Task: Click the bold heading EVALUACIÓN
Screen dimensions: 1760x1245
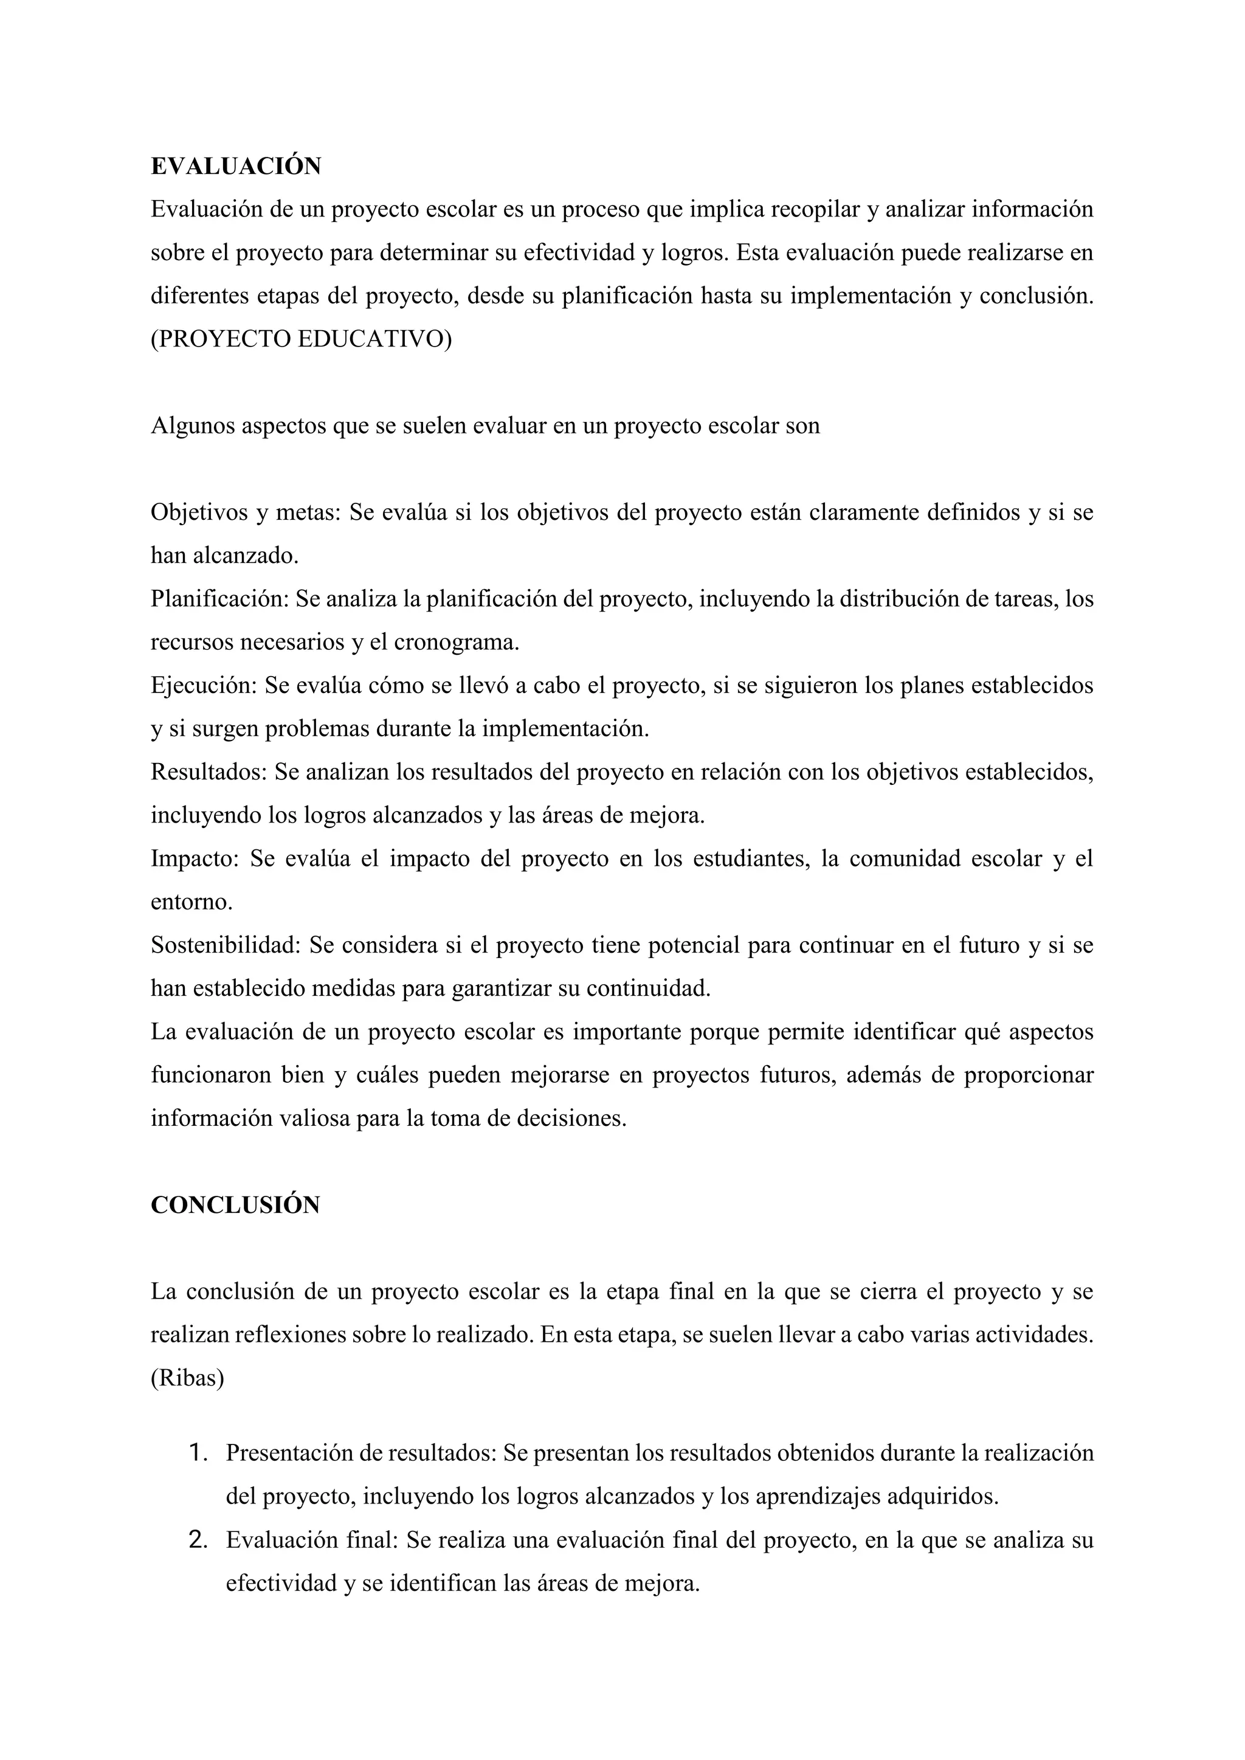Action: coord(235,167)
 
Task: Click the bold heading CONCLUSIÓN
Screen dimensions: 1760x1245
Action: coord(235,1205)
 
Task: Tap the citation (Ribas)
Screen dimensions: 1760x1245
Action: coord(187,1378)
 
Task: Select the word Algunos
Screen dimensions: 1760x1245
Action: coord(193,426)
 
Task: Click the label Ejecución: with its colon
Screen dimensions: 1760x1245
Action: coord(203,685)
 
